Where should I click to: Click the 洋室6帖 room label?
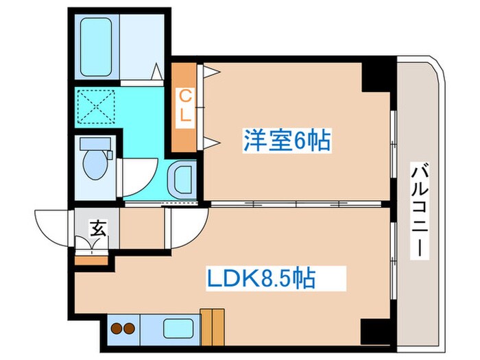coord(286,142)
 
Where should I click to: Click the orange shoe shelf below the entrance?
coord(92,259)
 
